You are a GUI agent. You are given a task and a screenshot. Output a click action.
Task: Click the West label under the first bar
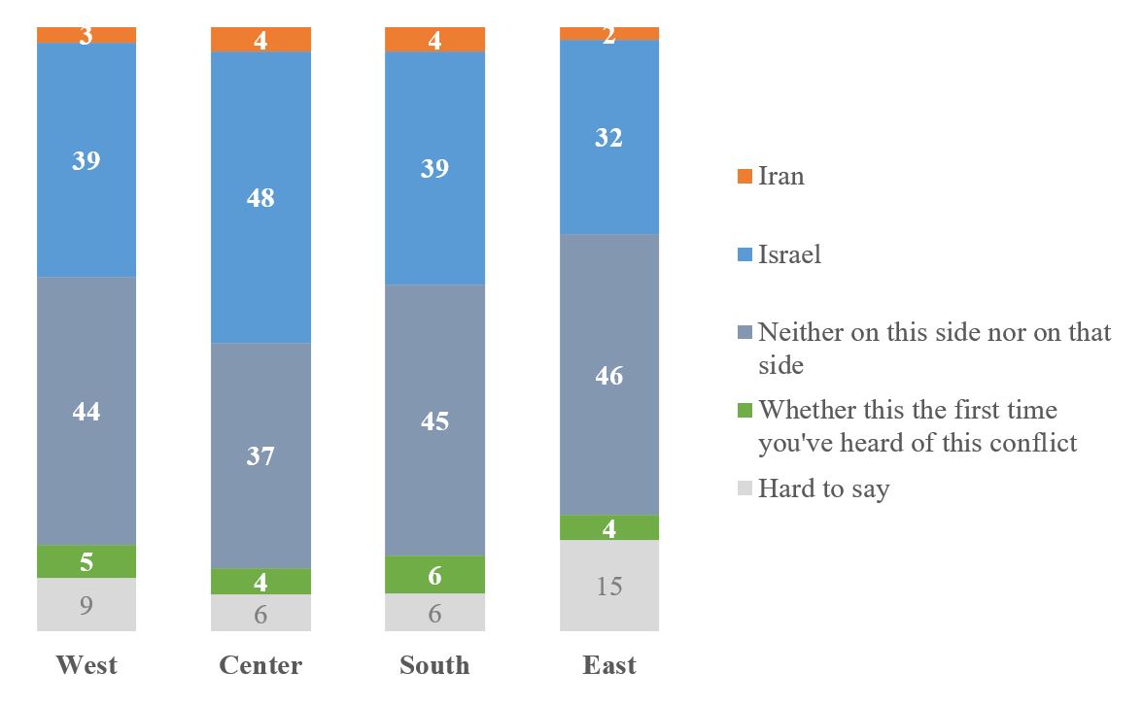(x=87, y=665)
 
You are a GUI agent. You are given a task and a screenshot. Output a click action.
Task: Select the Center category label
(x=260, y=665)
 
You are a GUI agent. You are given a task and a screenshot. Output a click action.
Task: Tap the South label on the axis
(x=434, y=665)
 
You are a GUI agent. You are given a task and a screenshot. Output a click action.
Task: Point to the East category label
(x=609, y=665)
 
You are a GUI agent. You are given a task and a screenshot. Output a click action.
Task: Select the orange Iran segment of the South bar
(x=434, y=39)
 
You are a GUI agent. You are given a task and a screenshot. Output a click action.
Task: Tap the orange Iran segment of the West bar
(x=87, y=35)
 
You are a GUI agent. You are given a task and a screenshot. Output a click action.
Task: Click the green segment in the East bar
(x=609, y=527)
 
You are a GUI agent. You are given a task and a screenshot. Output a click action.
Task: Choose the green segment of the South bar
(x=434, y=575)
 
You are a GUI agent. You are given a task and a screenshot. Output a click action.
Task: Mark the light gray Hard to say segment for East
(x=609, y=586)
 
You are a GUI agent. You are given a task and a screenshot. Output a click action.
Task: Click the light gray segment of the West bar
(x=87, y=604)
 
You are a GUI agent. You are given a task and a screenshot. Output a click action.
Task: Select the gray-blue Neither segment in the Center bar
(x=261, y=455)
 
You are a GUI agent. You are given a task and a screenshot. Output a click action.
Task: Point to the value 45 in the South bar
(x=434, y=420)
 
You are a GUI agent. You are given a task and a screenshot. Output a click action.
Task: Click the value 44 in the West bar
(x=87, y=412)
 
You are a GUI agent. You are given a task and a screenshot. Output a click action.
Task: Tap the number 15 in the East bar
(x=609, y=587)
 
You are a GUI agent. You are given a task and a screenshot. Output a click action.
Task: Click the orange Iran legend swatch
(x=745, y=177)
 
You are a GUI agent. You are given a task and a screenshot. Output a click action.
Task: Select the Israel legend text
(x=789, y=254)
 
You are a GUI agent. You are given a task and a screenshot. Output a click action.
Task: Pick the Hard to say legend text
(x=823, y=488)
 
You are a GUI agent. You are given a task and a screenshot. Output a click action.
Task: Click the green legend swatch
(x=745, y=411)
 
